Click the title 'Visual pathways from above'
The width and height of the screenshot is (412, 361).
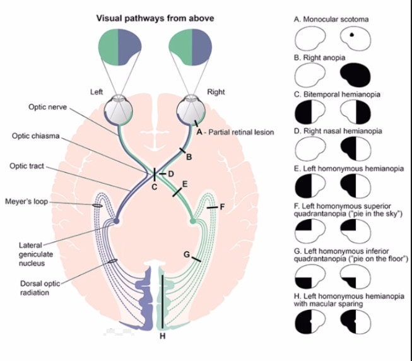tap(155, 18)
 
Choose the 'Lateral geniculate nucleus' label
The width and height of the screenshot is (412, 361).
tap(32, 254)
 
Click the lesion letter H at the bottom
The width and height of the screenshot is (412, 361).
tap(162, 335)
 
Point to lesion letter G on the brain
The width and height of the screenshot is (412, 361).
tap(186, 254)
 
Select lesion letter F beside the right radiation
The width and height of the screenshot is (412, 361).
tap(221, 206)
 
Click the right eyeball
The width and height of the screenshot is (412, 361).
tap(190, 108)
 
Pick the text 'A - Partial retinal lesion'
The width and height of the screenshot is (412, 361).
tap(235, 133)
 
